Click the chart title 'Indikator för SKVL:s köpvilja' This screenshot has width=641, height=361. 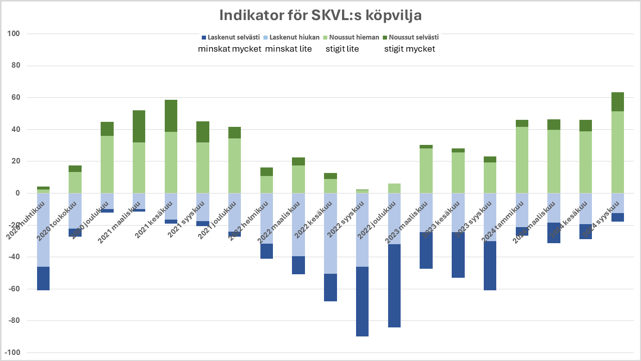point(320,15)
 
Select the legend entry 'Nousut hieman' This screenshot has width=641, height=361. point(350,37)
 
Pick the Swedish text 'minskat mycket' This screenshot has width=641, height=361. point(230,49)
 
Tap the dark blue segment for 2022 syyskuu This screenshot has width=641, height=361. point(363,301)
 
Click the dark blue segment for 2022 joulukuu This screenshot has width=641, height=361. point(394,286)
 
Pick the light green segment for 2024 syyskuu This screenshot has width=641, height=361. point(617,152)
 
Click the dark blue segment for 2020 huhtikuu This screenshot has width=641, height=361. point(44,278)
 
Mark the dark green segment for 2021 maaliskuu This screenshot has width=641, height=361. point(139,126)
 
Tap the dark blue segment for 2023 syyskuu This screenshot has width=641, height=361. point(490,266)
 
